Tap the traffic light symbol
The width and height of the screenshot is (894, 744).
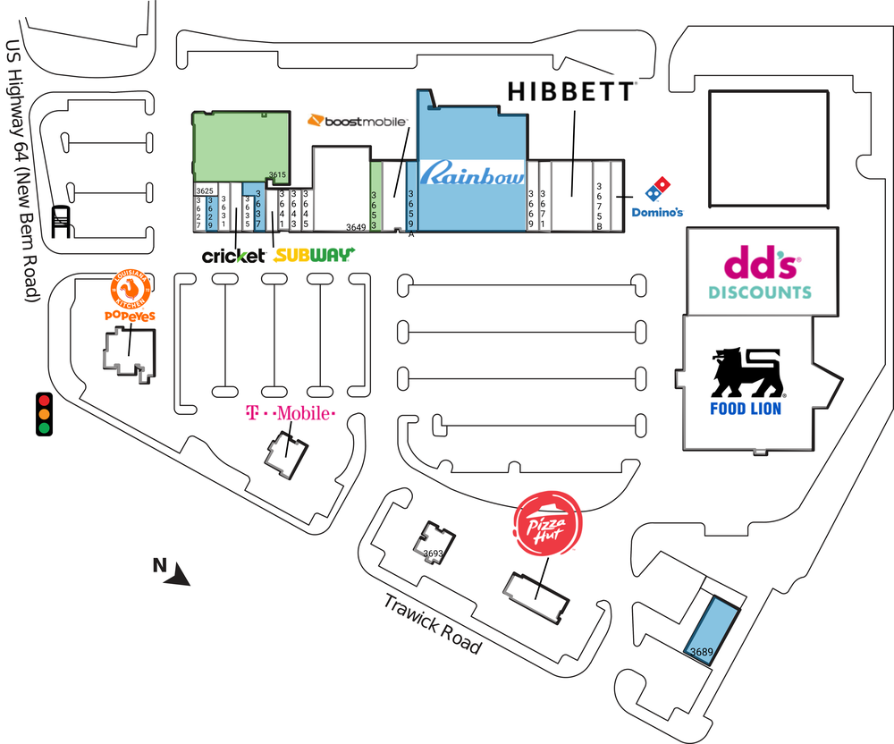pos(43,414)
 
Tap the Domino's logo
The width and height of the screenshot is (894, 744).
pos(657,198)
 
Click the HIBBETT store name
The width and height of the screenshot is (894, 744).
pos(571,91)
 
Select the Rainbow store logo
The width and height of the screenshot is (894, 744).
pos(472,174)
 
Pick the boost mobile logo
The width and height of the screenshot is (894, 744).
pos(358,121)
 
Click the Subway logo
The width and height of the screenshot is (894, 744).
pos(314,255)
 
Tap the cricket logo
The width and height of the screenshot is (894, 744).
pos(233,256)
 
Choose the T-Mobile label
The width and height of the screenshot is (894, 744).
pos(290,414)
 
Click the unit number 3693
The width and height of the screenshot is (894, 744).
pos(434,554)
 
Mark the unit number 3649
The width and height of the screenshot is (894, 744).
pos(356,227)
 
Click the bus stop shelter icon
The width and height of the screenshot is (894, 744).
pos(62,221)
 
